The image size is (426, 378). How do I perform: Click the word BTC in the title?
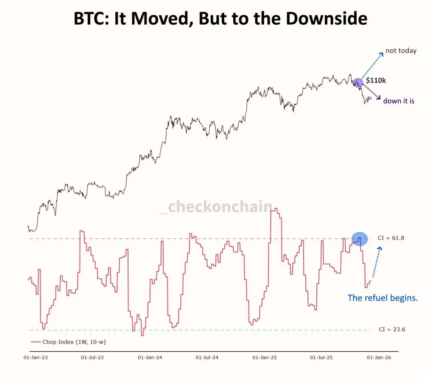[x=91, y=19]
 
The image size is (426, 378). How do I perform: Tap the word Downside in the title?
[x=326, y=19]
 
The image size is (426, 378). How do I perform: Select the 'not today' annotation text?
[x=401, y=51]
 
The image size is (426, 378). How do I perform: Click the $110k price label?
[x=376, y=80]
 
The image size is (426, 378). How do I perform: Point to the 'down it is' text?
[x=398, y=101]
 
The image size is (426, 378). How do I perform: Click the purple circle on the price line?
[x=358, y=83]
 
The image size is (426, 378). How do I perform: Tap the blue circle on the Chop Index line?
[x=359, y=239]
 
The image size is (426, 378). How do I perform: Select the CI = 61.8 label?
[x=391, y=238]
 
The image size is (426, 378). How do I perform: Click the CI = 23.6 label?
[x=392, y=329]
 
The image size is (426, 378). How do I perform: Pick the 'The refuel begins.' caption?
[x=382, y=298]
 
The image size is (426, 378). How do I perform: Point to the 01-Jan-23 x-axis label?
[x=36, y=357]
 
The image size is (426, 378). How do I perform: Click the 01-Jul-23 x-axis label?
[x=92, y=357]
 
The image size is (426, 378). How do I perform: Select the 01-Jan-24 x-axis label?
[x=150, y=357]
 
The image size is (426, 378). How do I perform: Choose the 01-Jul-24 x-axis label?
[x=207, y=357]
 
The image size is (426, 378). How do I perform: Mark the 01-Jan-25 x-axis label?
[x=265, y=357]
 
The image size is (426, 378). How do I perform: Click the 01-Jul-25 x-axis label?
[x=321, y=357]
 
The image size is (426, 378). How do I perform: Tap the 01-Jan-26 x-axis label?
[x=379, y=357]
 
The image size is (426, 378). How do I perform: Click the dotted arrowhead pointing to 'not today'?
[x=381, y=54]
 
